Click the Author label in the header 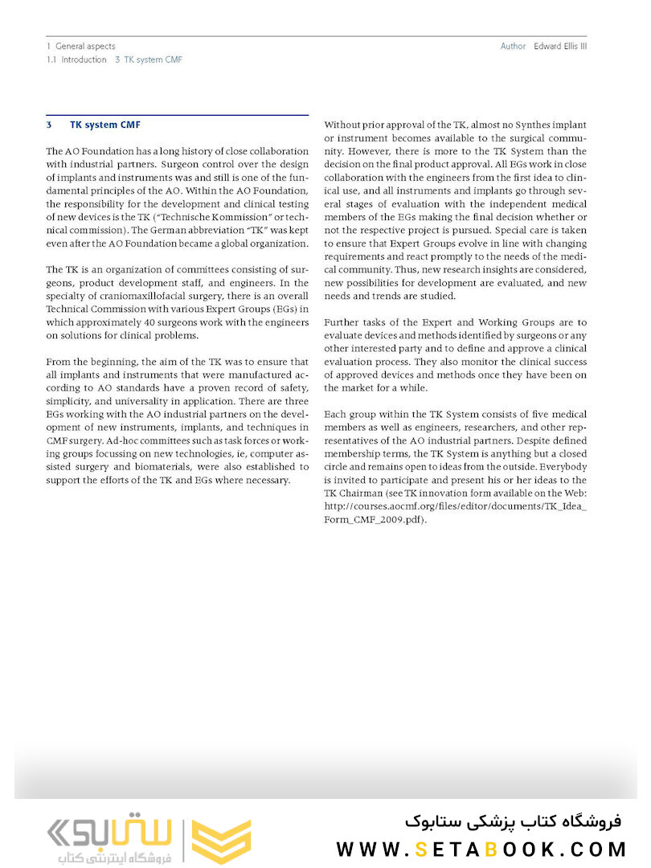[513, 47]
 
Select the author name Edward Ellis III [560, 47]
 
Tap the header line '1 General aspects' [80, 47]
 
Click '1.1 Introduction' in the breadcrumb [76, 59]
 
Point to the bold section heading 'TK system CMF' [105, 125]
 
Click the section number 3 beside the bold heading [49, 125]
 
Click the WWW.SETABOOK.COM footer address [481, 849]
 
